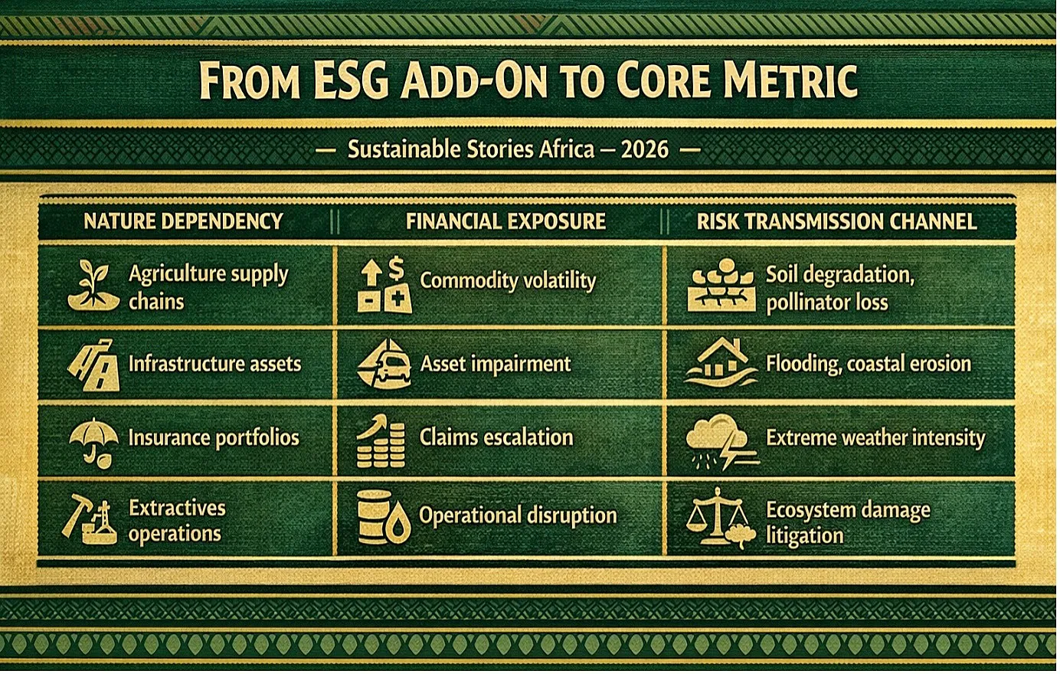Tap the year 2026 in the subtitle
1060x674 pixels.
[x=645, y=149]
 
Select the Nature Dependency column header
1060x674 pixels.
[x=183, y=221]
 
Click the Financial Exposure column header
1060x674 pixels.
[x=505, y=221]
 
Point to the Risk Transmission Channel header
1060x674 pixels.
[x=836, y=221]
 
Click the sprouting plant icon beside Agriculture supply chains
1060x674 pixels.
[x=93, y=285]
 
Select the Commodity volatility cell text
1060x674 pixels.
[x=508, y=280]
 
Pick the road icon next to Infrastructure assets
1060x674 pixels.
[x=95, y=365]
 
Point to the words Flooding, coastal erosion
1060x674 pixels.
[x=869, y=364]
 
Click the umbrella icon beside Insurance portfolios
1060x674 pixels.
[x=93, y=442]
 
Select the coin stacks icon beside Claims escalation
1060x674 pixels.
[x=381, y=442]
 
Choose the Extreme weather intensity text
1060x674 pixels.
[x=875, y=437]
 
